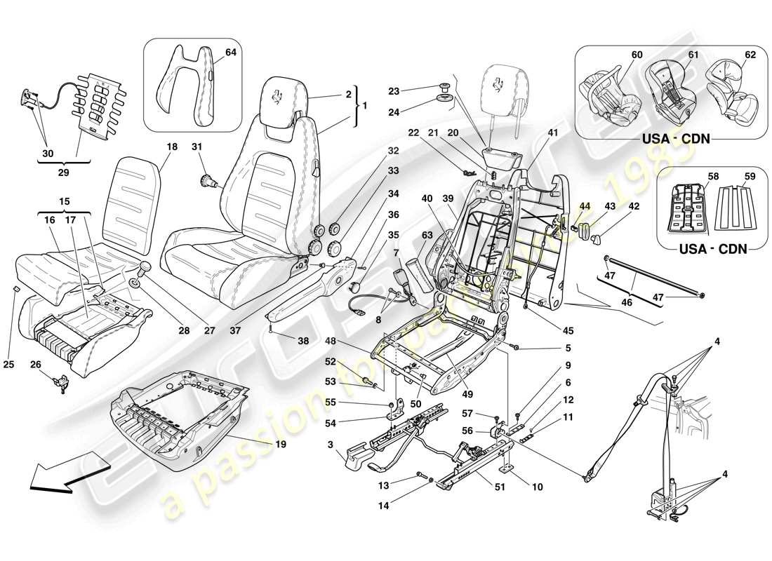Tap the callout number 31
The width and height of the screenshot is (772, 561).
[197, 147]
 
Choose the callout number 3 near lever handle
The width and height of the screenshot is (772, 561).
[328, 445]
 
